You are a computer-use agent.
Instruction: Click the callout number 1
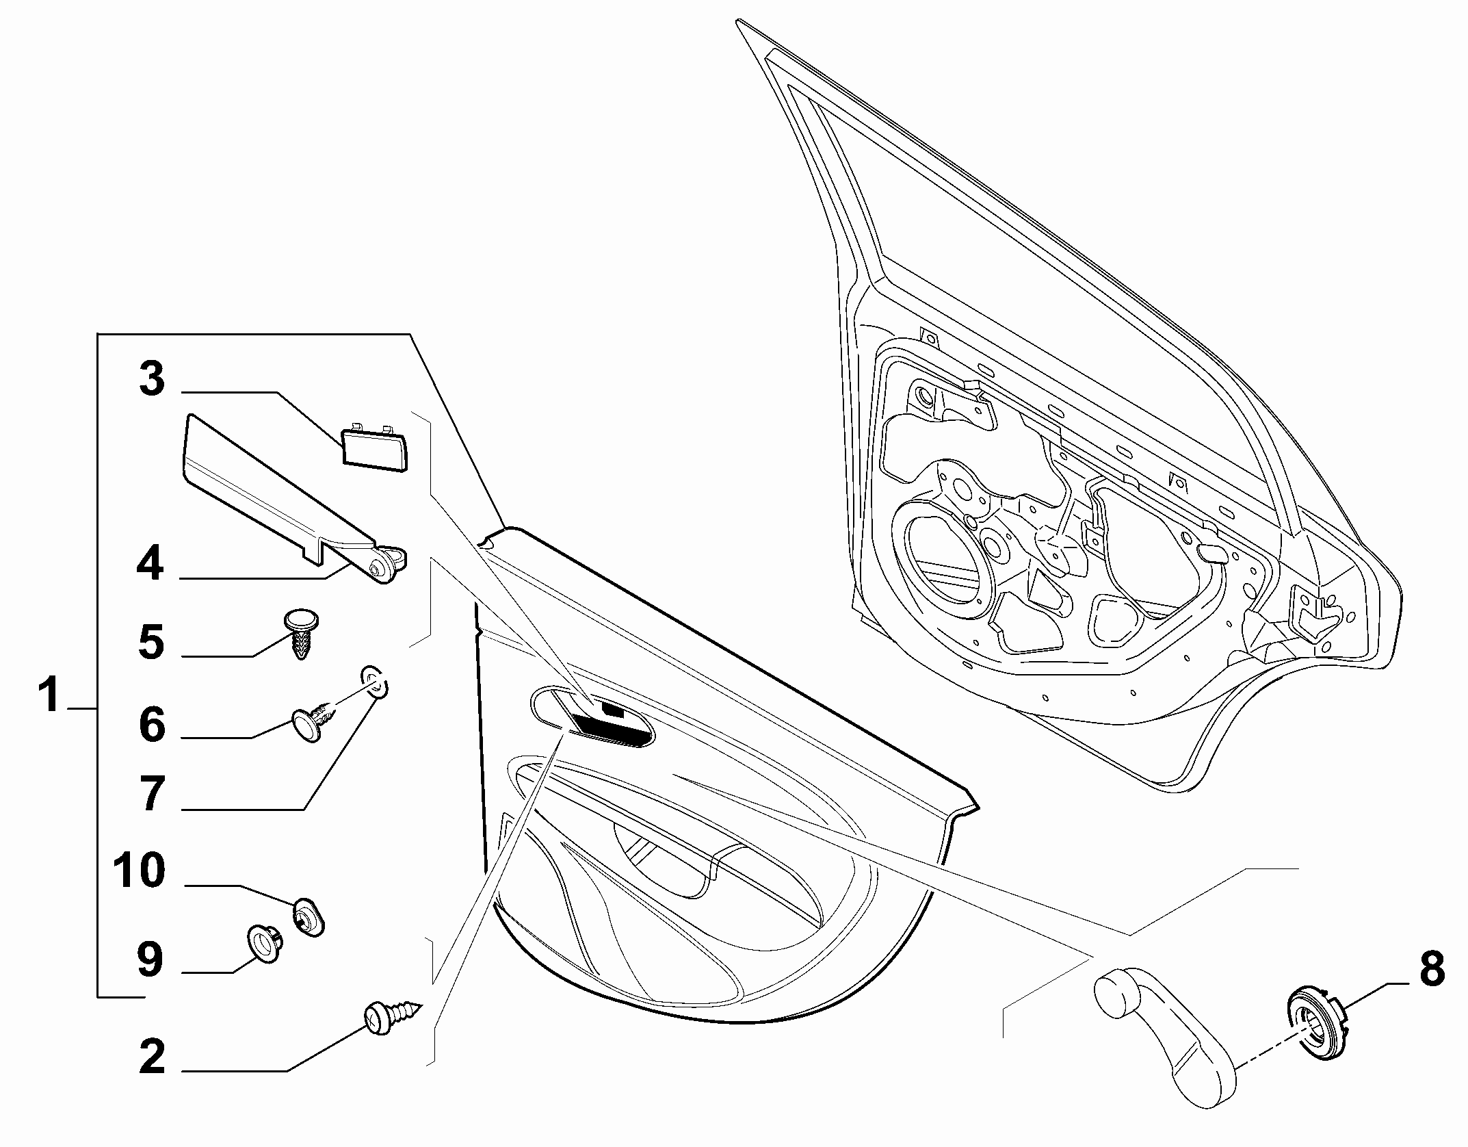49,693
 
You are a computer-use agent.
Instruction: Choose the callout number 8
1432,968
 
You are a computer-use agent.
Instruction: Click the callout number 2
152,1055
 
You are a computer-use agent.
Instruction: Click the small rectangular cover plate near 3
374,447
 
